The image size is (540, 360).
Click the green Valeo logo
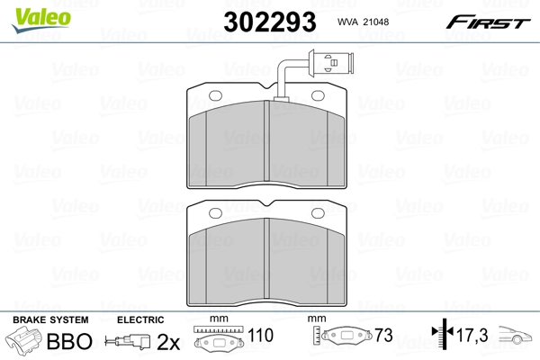click(x=41, y=20)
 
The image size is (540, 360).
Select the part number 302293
click(x=270, y=22)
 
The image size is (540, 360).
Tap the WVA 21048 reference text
click(x=363, y=22)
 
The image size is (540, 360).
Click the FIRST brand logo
click(x=488, y=22)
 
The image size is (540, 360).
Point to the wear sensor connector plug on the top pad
click(x=330, y=63)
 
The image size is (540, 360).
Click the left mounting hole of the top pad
click(x=216, y=95)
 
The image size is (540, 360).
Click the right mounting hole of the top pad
click(x=318, y=95)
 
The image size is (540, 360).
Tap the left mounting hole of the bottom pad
click(x=216, y=213)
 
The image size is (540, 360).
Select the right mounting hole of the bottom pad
click(x=318, y=213)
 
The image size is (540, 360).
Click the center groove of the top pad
click(x=266, y=140)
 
